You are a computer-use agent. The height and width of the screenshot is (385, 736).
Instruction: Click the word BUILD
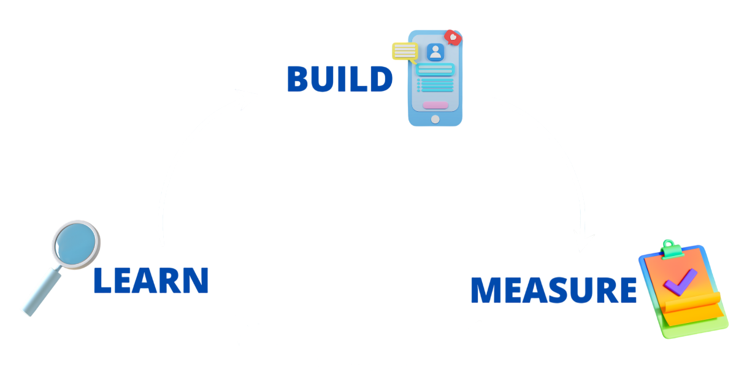[339, 80]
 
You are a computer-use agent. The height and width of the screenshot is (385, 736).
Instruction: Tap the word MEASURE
[553, 290]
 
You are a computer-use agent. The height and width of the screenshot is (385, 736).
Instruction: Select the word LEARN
[151, 281]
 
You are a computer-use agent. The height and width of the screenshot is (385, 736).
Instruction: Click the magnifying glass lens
[75, 244]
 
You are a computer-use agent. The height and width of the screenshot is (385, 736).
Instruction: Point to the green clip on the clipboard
[671, 248]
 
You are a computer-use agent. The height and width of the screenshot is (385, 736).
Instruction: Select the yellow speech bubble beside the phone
[405, 52]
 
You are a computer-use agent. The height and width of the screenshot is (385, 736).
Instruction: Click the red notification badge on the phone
[453, 37]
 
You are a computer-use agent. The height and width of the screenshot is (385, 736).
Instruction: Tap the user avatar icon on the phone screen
[435, 52]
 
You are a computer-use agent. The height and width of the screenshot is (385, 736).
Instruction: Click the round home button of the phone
[435, 119]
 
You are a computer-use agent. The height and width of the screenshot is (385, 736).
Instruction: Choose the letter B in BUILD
[299, 80]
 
